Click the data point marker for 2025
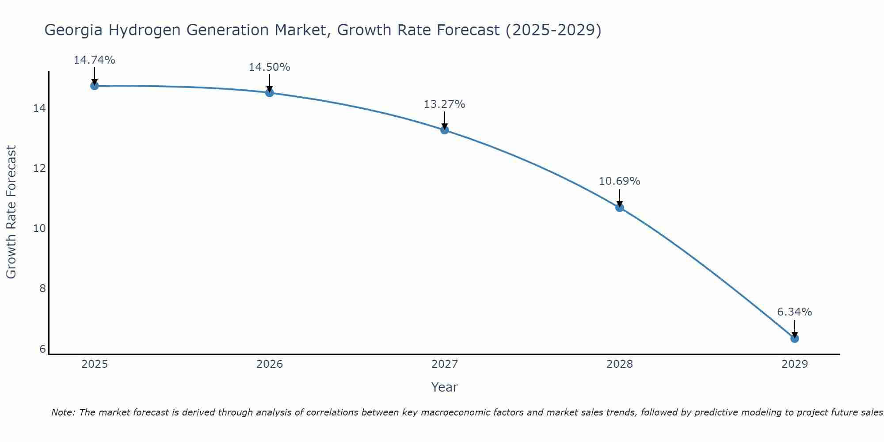coord(95,86)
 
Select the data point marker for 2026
coord(270,93)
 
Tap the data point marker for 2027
coord(445,130)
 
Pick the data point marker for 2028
coord(620,208)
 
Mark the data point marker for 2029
coord(795,339)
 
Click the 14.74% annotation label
coord(95,60)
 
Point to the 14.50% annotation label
coord(270,67)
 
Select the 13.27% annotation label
coord(445,104)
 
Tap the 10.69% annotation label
coord(620,181)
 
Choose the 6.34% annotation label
coord(795,312)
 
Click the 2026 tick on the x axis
coord(270,364)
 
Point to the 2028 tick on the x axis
coord(620,364)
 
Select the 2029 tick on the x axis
coord(795,364)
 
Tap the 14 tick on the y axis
coord(40,108)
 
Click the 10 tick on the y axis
coord(40,229)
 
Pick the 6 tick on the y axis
coord(42,349)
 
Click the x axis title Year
coord(445,387)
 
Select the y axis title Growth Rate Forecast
coord(11,212)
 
